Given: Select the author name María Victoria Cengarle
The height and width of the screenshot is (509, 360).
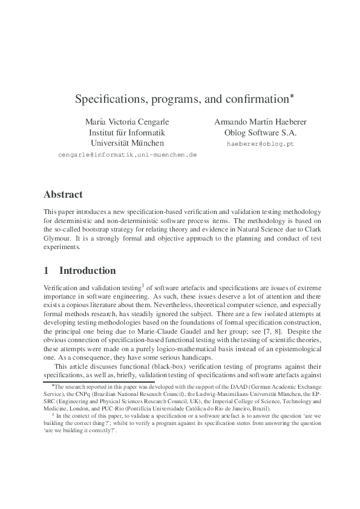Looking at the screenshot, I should (127, 121).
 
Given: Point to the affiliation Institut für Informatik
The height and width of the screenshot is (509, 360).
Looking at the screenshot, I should (127, 132).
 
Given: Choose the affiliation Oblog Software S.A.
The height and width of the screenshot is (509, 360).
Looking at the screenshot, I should (260, 132).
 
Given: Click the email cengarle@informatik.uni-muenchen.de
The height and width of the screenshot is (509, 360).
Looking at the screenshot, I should (127, 155).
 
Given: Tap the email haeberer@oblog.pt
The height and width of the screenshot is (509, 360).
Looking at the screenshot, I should (260, 144).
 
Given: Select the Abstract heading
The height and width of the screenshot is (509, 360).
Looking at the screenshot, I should (63, 195).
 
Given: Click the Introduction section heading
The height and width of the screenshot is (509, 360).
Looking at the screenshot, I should (87, 270).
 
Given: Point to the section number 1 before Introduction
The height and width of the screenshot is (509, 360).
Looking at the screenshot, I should (47, 270).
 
